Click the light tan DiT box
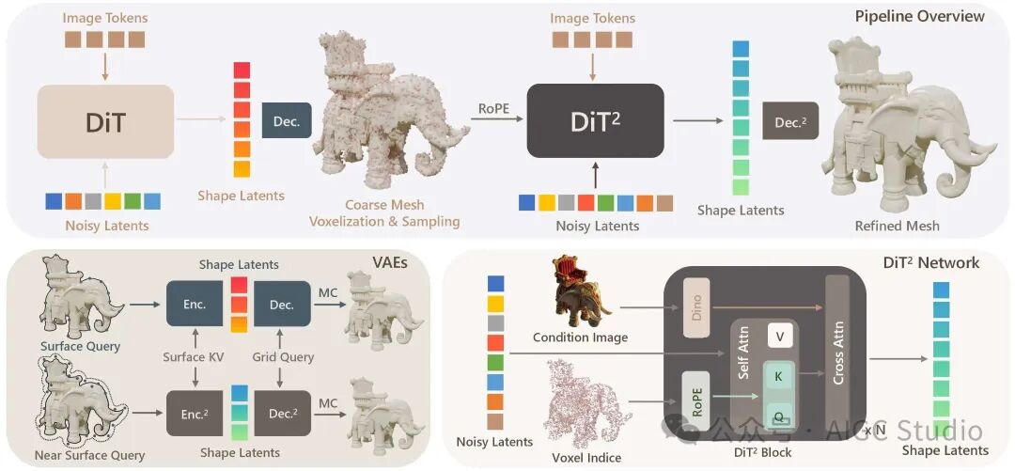click(x=105, y=122)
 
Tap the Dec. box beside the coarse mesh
click(x=287, y=122)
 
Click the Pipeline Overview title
click(x=919, y=16)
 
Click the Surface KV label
click(x=195, y=357)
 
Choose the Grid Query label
click(x=282, y=357)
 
